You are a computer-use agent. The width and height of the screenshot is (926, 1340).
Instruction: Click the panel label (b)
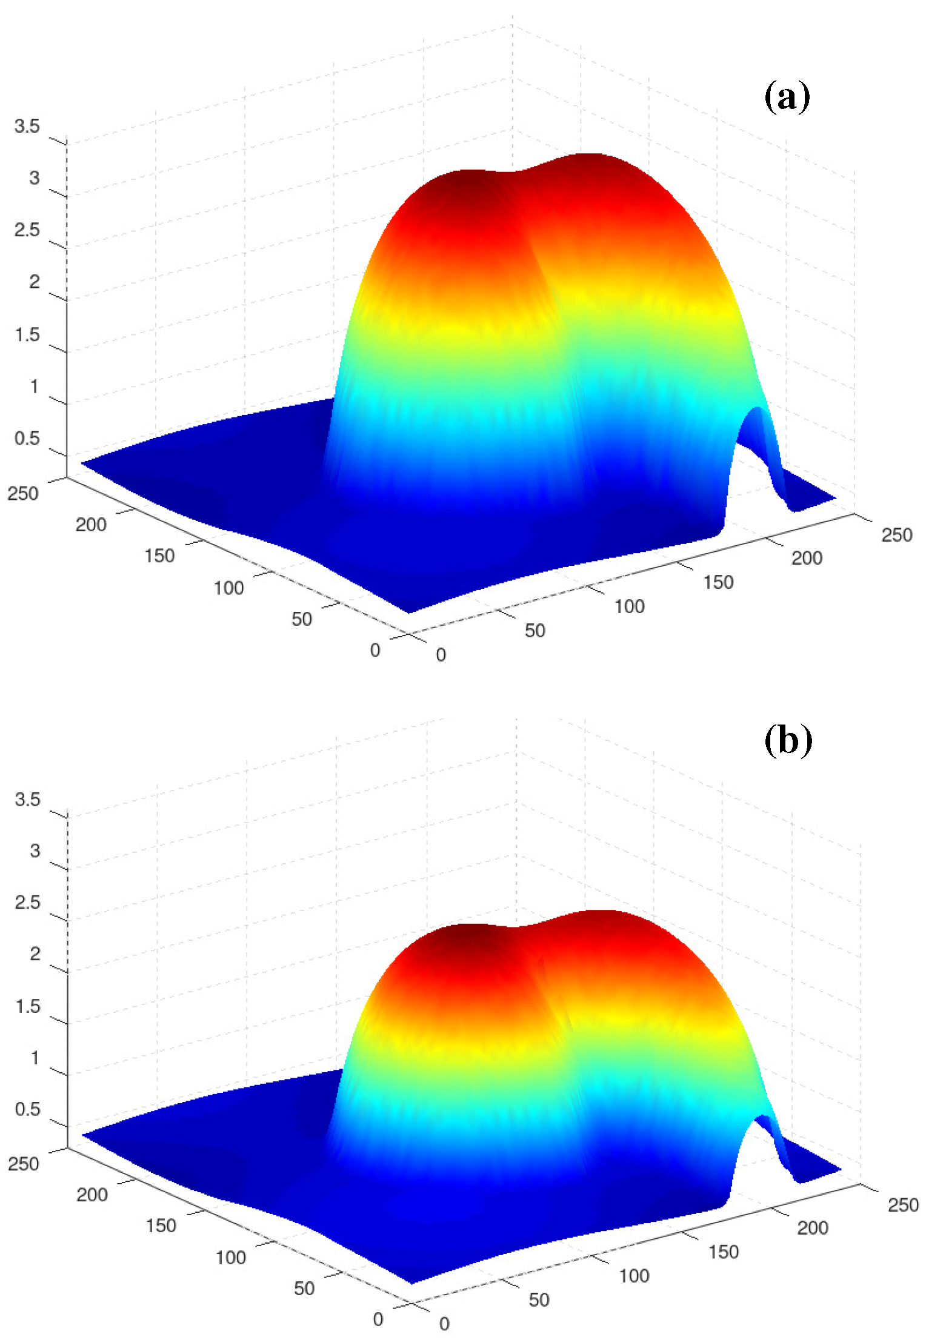pyautogui.click(x=788, y=740)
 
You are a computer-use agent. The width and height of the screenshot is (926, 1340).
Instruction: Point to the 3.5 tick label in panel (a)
pyautogui.click(x=27, y=126)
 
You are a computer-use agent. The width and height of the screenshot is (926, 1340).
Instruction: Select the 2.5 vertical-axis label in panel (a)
pyautogui.click(x=27, y=230)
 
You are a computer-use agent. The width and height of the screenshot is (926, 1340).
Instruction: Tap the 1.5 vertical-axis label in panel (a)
pyautogui.click(x=27, y=334)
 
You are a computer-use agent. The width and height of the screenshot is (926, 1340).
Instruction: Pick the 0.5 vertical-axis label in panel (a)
pyautogui.click(x=27, y=438)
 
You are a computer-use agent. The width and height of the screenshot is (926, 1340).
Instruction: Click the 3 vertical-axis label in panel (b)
pyautogui.click(x=35, y=851)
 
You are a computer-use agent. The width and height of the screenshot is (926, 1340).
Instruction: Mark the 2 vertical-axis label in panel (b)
pyautogui.click(x=35, y=954)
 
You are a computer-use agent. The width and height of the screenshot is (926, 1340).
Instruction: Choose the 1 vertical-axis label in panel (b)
pyautogui.click(x=35, y=1058)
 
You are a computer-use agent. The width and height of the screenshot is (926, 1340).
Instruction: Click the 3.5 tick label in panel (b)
pyautogui.click(x=27, y=799)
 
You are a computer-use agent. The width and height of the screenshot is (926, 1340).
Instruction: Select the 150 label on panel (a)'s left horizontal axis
pyautogui.click(x=159, y=556)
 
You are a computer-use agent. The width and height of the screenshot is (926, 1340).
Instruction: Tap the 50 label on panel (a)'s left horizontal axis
pyautogui.click(x=302, y=619)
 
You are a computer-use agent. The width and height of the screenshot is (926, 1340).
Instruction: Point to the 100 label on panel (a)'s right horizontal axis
pyautogui.click(x=629, y=606)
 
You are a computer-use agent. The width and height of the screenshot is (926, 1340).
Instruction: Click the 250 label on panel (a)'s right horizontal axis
pyautogui.click(x=896, y=535)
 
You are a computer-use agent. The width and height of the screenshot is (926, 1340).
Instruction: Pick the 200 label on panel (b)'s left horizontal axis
pyautogui.click(x=92, y=1195)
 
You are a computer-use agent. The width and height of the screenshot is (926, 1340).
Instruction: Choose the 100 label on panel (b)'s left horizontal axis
pyautogui.click(x=230, y=1258)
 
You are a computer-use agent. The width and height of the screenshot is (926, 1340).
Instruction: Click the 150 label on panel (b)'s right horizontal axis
pyautogui.click(x=724, y=1252)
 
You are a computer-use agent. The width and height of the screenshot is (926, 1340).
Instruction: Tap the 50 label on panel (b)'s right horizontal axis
pyautogui.click(x=539, y=1299)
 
